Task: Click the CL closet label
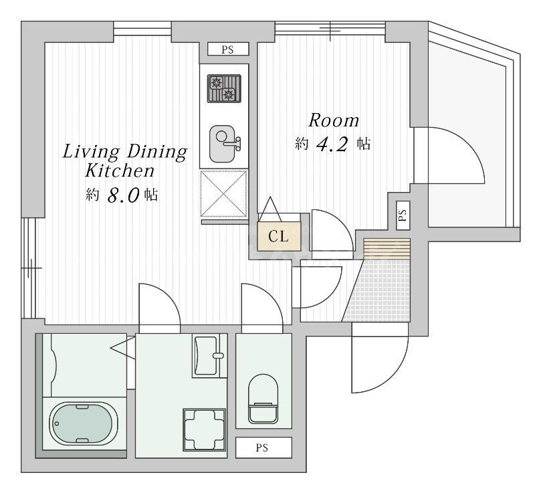point(278,236)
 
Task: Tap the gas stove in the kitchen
point(224,89)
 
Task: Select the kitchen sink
point(224,144)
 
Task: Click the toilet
point(263,399)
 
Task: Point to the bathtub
point(84,423)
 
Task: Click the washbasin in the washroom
point(209,355)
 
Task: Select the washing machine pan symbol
point(205,429)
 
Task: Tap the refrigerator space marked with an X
point(224,193)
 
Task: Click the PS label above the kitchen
point(228,49)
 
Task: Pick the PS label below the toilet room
point(262,447)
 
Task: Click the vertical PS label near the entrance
point(403,215)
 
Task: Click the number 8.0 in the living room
point(124,195)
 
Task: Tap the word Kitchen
point(120,171)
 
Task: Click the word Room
point(334,120)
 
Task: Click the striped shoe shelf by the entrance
point(387,249)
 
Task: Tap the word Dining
point(157,153)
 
